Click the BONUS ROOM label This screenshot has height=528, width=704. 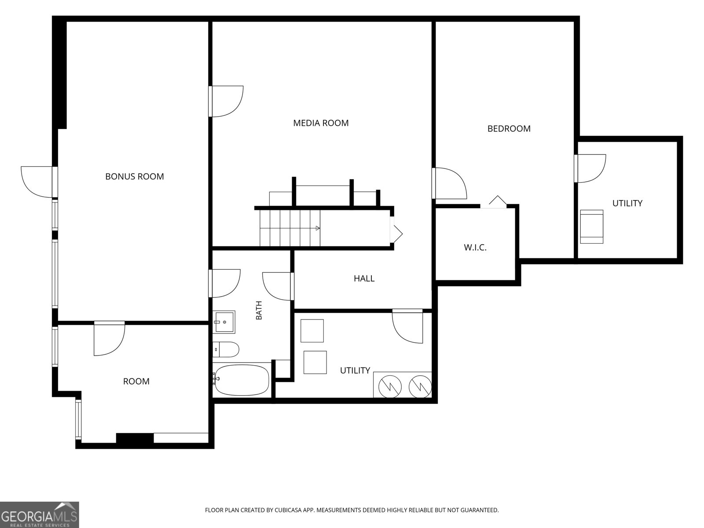134,176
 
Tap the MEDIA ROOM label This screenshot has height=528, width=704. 321,123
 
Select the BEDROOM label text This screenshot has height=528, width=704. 509,128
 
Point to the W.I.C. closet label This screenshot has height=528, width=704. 475,247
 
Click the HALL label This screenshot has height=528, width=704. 364,279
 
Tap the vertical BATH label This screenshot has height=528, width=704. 259,310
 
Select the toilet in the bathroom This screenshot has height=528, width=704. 226,349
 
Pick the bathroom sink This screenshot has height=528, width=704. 224,322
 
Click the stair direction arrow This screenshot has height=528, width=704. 318,228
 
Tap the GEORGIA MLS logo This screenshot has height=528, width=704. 40,515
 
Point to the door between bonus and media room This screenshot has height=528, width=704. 226,101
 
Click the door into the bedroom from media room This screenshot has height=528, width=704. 449,183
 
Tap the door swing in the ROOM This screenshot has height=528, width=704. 109,338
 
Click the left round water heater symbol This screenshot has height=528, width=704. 390,387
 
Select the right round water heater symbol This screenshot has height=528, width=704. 420,387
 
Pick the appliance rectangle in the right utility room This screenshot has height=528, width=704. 592,227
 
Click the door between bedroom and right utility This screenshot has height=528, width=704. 590,169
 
